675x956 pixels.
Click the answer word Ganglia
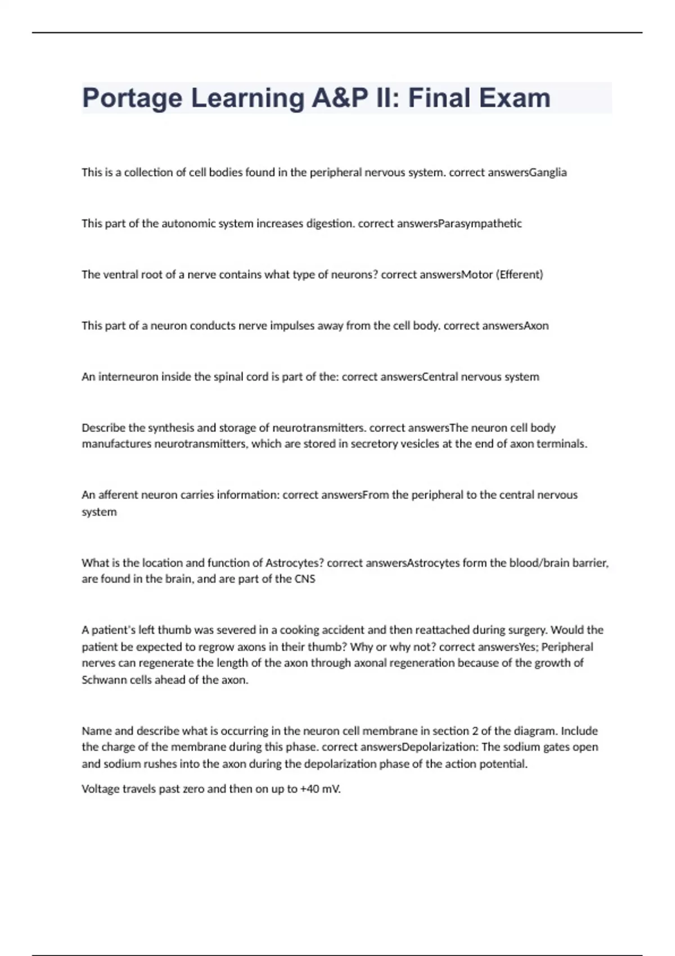pyautogui.click(x=548, y=173)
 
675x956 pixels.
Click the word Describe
pyautogui.click(x=103, y=428)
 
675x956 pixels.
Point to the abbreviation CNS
pyautogui.click(x=305, y=579)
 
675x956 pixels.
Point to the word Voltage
pyautogui.click(x=101, y=789)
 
